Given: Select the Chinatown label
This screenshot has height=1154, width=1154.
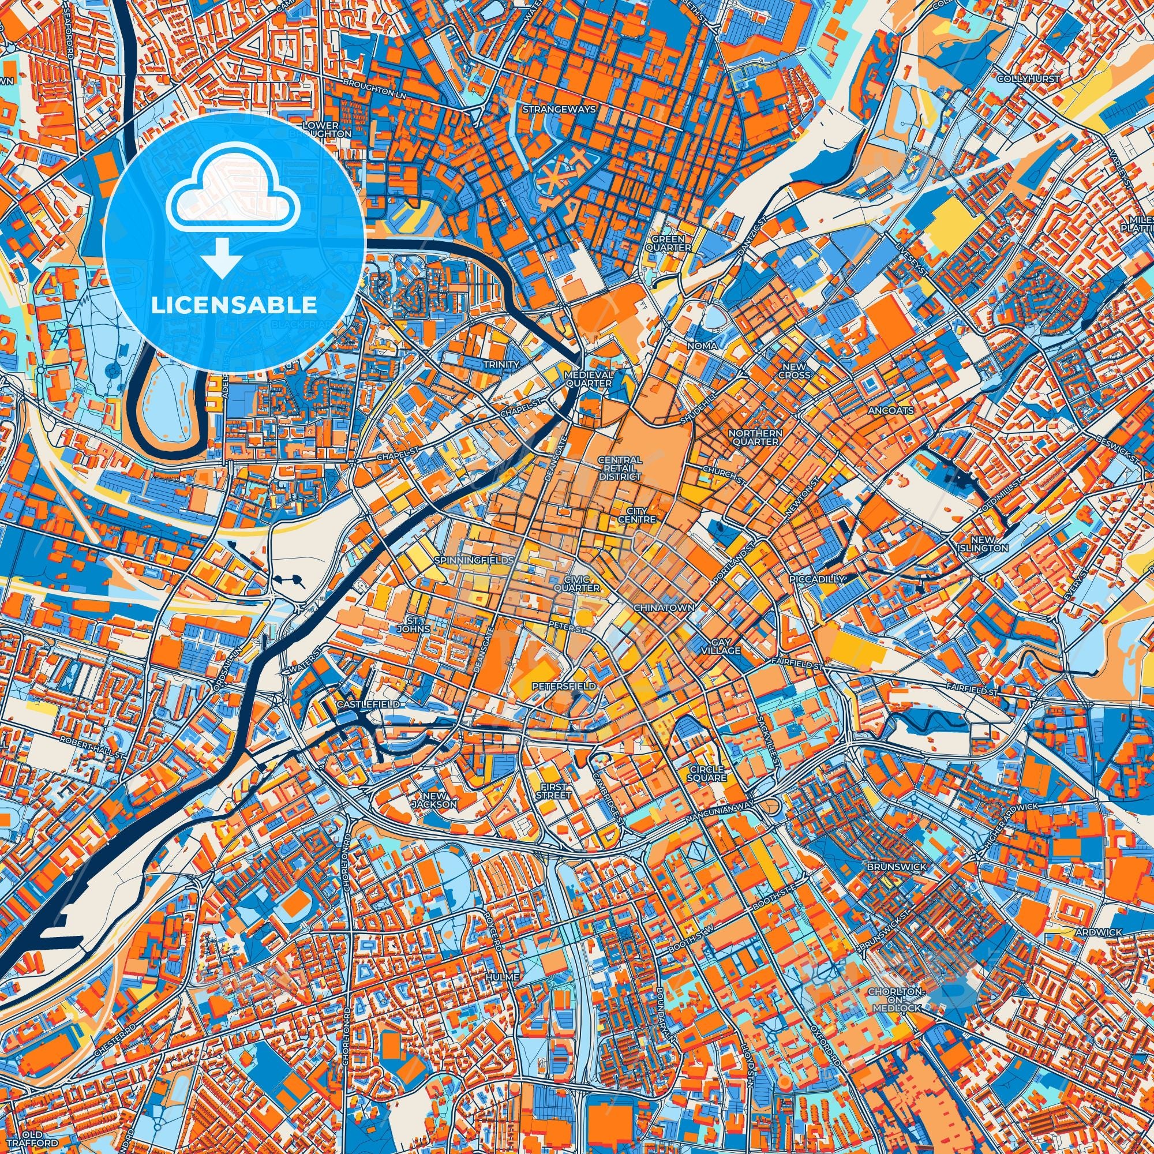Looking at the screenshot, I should click(664, 607).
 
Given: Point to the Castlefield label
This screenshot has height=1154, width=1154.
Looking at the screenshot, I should click(368, 705).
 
